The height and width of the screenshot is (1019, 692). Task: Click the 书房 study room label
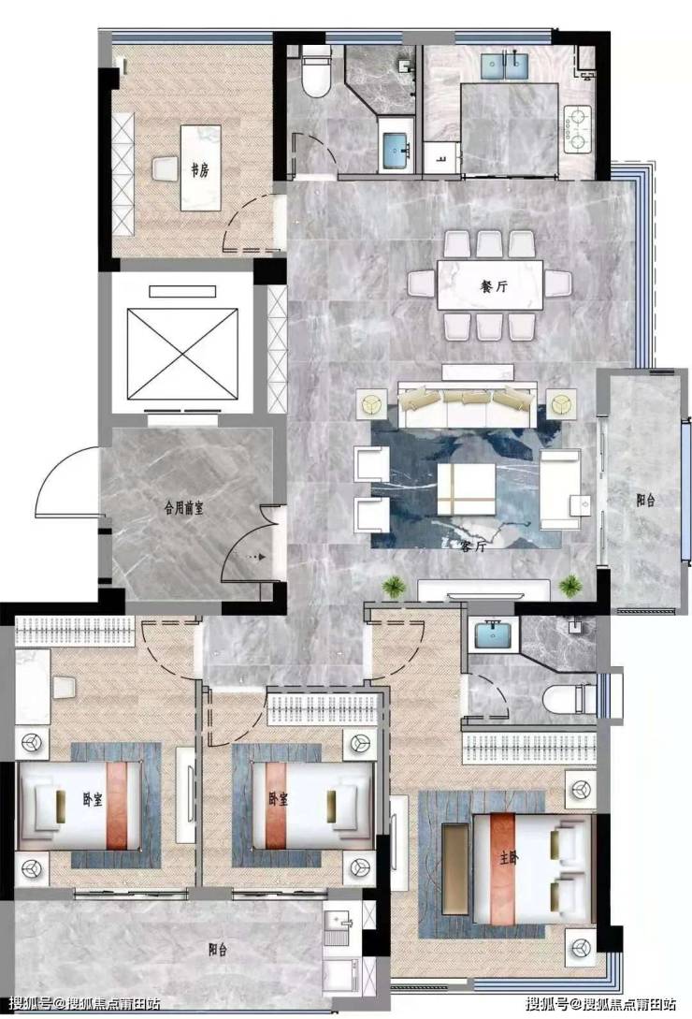(x=199, y=171)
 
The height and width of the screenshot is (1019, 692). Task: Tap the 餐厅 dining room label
(x=493, y=286)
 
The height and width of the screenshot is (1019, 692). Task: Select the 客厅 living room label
(x=472, y=546)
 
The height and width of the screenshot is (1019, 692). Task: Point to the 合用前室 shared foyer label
(x=184, y=508)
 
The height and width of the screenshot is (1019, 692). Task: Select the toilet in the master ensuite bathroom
(x=569, y=698)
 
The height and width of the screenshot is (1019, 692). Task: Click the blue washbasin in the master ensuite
(x=497, y=634)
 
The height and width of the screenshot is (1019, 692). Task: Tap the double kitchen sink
(x=505, y=65)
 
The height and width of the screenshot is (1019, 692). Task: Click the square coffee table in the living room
(x=466, y=488)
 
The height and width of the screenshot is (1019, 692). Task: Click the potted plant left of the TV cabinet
(x=393, y=587)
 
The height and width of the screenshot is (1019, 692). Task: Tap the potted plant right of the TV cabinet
(x=569, y=586)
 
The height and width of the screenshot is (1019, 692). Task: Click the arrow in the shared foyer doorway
(x=256, y=557)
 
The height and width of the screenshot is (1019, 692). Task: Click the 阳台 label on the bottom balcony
(x=218, y=950)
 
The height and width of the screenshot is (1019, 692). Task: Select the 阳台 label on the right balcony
(x=645, y=500)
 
